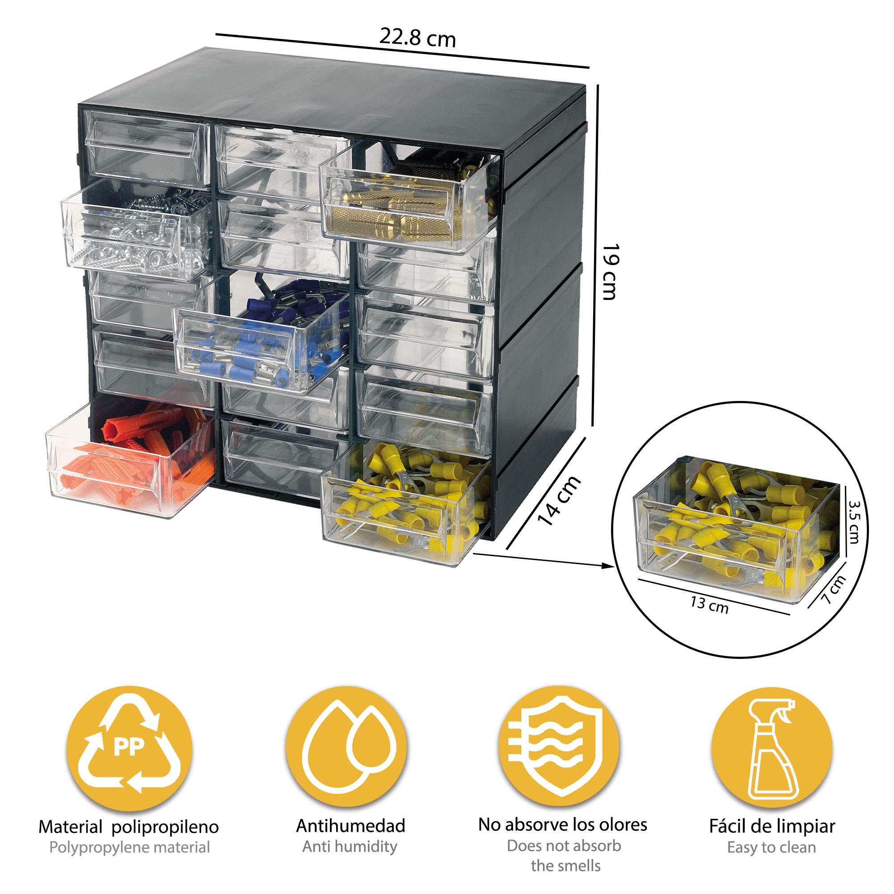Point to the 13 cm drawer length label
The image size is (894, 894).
[x=709, y=605]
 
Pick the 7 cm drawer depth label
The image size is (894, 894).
[x=834, y=590]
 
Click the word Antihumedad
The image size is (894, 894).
[x=350, y=826]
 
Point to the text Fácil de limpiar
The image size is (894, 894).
[x=772, y=826]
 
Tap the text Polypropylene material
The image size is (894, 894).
[x=129, y=847]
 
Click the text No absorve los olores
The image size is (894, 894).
[x=562, y=825]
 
